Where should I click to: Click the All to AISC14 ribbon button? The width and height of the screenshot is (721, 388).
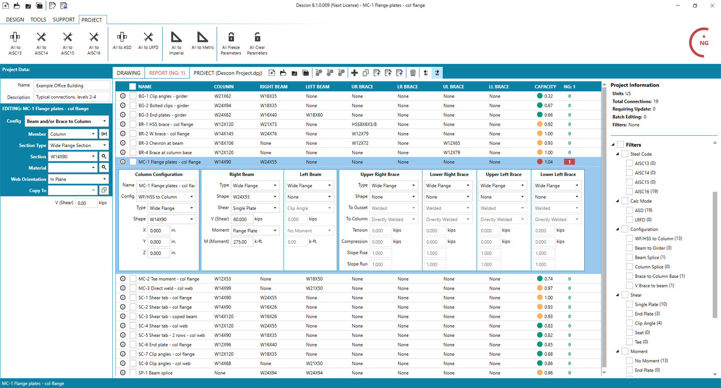point(41,43)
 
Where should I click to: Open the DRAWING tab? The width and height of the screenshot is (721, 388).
point(128,73)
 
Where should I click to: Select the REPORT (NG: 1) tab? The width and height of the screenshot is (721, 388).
point(167,73)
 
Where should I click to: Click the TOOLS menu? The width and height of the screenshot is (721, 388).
point(38,20)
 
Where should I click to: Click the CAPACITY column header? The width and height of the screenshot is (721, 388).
point(545,87)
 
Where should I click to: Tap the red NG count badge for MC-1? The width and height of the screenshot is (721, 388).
point(569,162)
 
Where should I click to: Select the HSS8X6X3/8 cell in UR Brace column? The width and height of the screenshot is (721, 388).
point(364,124)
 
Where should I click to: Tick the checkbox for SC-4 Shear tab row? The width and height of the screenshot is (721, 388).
point(133,326)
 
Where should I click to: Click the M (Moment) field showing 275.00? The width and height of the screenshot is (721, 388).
point(242,242)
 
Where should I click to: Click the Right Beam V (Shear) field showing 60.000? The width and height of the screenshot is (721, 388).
point(242,219)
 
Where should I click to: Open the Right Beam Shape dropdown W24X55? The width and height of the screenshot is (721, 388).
point(254,197)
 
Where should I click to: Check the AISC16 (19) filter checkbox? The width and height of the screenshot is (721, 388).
point(629,191)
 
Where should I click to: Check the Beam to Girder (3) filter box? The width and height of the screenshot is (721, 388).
point(629,248)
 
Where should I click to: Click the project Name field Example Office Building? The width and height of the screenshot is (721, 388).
point(72,85)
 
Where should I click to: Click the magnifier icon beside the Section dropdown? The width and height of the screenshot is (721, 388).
point(104,156)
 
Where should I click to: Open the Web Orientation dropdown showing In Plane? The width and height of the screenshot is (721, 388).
point(78,179)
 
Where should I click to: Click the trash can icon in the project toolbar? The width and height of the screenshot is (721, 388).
point(413,73)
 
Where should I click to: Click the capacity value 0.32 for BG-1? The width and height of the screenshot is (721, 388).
point(548,96)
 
